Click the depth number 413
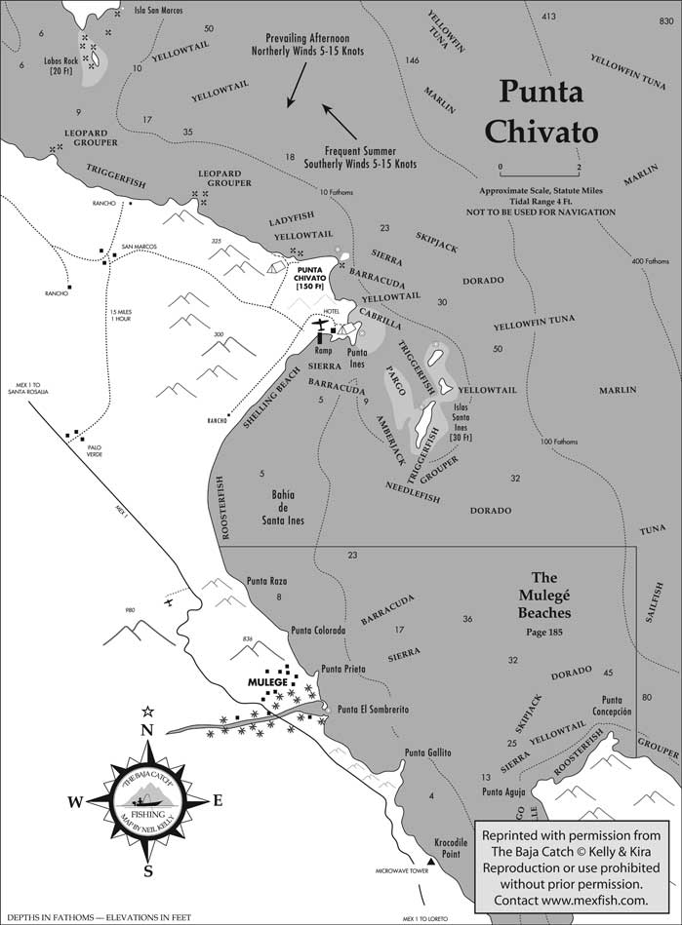[x=548, y=17]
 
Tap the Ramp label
[x=325, y=349]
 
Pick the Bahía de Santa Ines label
[x=275, y=507]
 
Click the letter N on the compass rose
[x=147, y=730]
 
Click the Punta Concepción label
[x=617, y=706]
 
